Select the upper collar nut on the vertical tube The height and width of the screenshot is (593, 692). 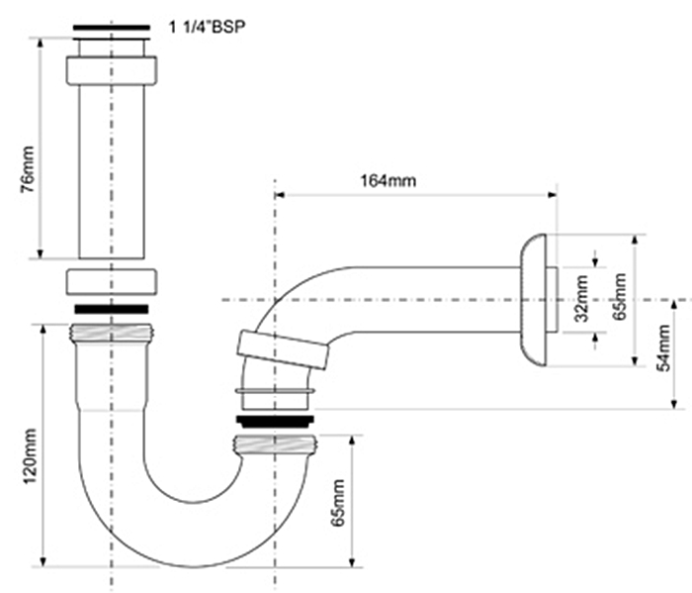pos(111,69)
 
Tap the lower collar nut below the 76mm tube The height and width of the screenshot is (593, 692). pos(111,280)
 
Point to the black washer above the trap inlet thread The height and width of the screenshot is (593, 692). pos(111,309)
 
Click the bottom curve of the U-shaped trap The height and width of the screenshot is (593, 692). pos(194,540)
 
